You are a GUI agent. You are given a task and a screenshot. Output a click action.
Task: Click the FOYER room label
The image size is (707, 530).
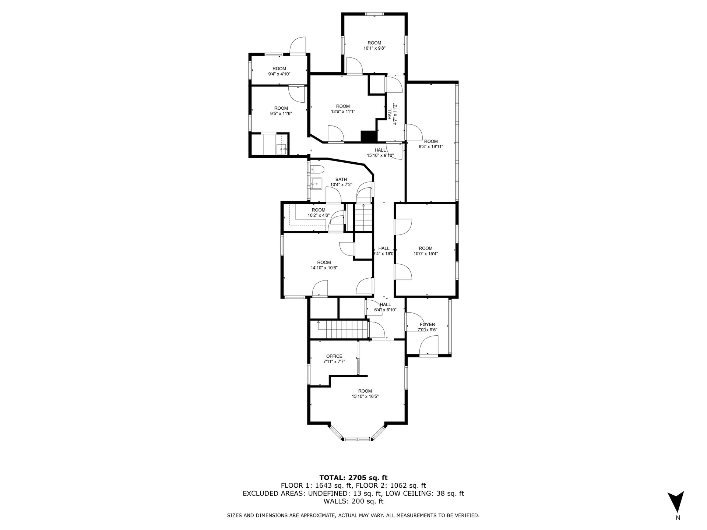(428, 325)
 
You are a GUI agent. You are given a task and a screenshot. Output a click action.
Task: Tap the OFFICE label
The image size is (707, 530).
(334, 356)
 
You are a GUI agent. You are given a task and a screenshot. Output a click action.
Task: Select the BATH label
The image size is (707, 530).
(341, 180)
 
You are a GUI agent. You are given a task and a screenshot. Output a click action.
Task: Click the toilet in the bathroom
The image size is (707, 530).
(317, 169)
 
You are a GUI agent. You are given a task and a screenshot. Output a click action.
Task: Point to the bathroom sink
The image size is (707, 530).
(316, 183)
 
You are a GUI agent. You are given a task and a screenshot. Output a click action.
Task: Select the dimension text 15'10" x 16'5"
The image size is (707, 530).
(365, 396)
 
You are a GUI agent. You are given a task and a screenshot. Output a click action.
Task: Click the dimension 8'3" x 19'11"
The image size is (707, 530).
(431, 146)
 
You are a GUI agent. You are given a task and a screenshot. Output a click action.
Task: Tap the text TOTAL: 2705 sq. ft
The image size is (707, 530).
(353, 478)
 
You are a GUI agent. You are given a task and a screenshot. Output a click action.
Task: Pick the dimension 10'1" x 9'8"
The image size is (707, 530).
(374, 48)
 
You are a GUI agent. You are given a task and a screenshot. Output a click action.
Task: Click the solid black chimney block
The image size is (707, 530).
(369, 136)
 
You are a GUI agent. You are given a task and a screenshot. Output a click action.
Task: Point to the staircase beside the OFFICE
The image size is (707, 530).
(340, 329)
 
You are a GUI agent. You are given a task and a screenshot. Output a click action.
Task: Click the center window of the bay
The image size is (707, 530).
(356, 439)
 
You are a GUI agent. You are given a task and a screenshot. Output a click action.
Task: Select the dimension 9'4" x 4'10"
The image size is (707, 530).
(279, 74)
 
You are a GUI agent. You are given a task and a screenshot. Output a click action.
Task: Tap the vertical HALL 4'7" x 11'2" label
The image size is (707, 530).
(392, 114)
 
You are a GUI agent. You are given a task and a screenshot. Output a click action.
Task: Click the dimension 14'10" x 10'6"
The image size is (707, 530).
(324, 268)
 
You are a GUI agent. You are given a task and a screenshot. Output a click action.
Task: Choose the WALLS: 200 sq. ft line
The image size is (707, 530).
(353, 501)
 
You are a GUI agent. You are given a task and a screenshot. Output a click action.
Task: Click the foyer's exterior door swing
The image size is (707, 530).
(428, 346)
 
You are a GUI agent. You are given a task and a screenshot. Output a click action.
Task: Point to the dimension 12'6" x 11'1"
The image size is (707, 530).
(343, 112)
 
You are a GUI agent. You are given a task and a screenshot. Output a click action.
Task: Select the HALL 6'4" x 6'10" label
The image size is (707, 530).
(385, 307)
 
